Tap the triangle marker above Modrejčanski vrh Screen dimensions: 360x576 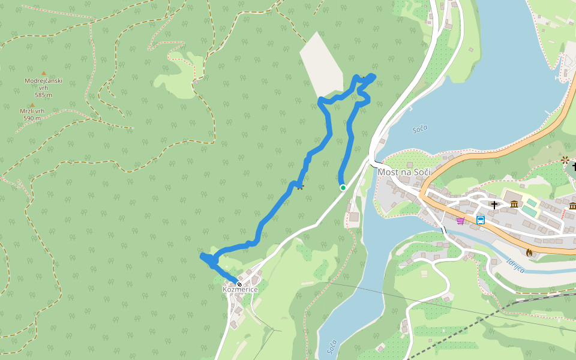coord(43,73)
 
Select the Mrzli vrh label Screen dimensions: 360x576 coord(32,111)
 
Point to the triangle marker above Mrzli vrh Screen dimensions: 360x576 coord(32,104)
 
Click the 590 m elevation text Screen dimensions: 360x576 coord(32,118)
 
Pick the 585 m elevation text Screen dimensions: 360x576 coord(43,95)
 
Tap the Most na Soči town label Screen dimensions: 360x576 coord(404,172)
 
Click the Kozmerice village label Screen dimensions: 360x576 coord(240,290)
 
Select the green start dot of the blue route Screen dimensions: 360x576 coord(343,188)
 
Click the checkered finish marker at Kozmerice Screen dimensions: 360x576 coord(239,284)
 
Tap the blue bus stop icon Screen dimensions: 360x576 coord(481,220)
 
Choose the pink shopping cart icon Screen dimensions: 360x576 coord(460,221)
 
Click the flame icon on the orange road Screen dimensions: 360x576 coord(529,253)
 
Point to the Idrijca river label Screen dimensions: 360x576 coord(515,265)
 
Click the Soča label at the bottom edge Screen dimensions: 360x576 coord(332,347)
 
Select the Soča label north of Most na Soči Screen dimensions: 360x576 coord(420,128)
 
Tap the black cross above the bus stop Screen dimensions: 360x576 coord(494,205)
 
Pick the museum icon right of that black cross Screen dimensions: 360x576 coord(514,205)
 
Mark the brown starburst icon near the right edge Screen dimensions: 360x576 coord(565,160)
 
